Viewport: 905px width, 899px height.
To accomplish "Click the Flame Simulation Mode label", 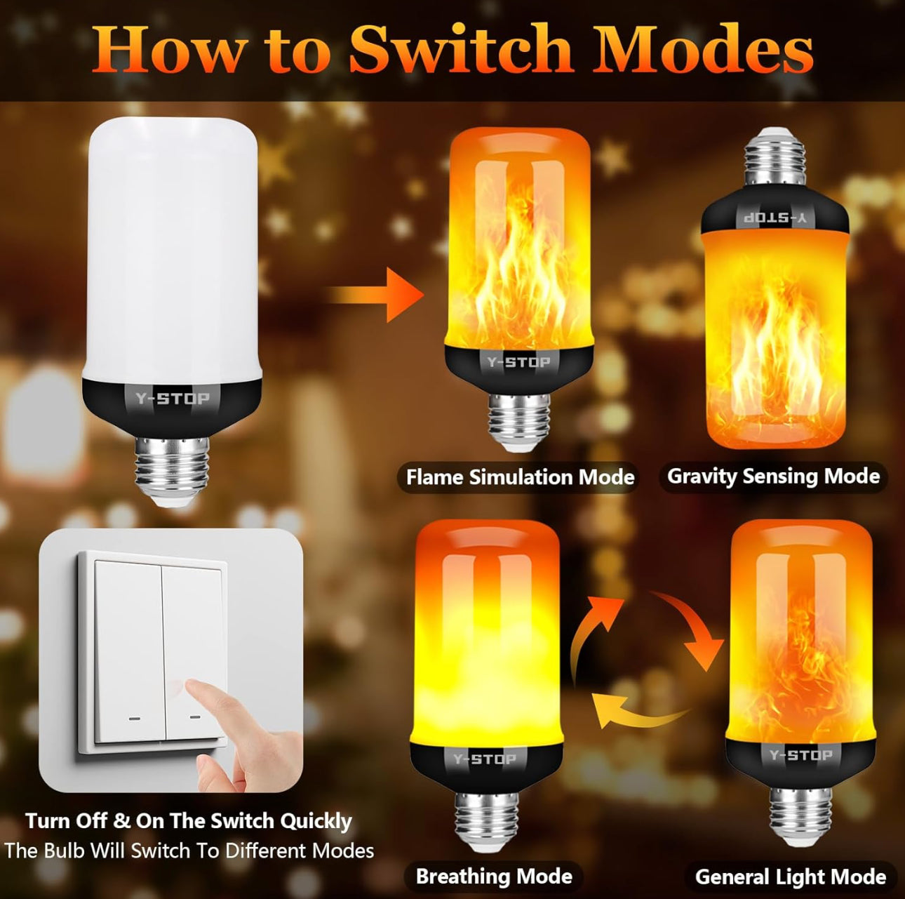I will [x=520, y=478].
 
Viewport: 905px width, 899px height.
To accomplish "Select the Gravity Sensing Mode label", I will [x=773, y=477].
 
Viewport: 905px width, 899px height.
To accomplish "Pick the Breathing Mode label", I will [x=494, y=877].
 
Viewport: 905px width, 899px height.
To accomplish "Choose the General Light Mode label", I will [x=790, y=877].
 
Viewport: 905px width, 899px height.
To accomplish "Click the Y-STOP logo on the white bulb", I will [x=173, y=399].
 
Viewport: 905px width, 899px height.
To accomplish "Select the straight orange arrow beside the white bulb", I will [x=377, y=294].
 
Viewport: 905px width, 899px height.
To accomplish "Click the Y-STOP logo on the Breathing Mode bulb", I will [x=485, y=759].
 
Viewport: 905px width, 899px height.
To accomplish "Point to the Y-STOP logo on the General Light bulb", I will [x=800, y=755].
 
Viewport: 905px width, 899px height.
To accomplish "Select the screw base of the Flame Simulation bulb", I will [x=519, y=420].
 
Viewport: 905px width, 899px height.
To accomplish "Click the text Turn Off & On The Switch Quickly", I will [x=189, y=821].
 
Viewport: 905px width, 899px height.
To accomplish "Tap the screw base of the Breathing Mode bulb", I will [x=486, y=818].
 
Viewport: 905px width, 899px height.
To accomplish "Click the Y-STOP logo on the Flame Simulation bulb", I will [x=519, y=362].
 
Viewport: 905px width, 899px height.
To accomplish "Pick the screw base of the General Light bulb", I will [x=800, y=815].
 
